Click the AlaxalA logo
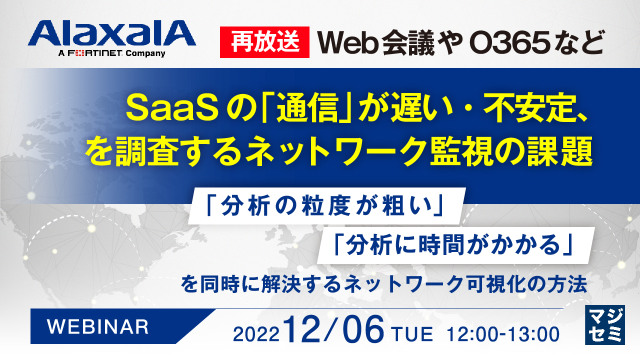tap(111, 34)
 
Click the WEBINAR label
tap(97, 326)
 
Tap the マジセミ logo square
tap(604, 324)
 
